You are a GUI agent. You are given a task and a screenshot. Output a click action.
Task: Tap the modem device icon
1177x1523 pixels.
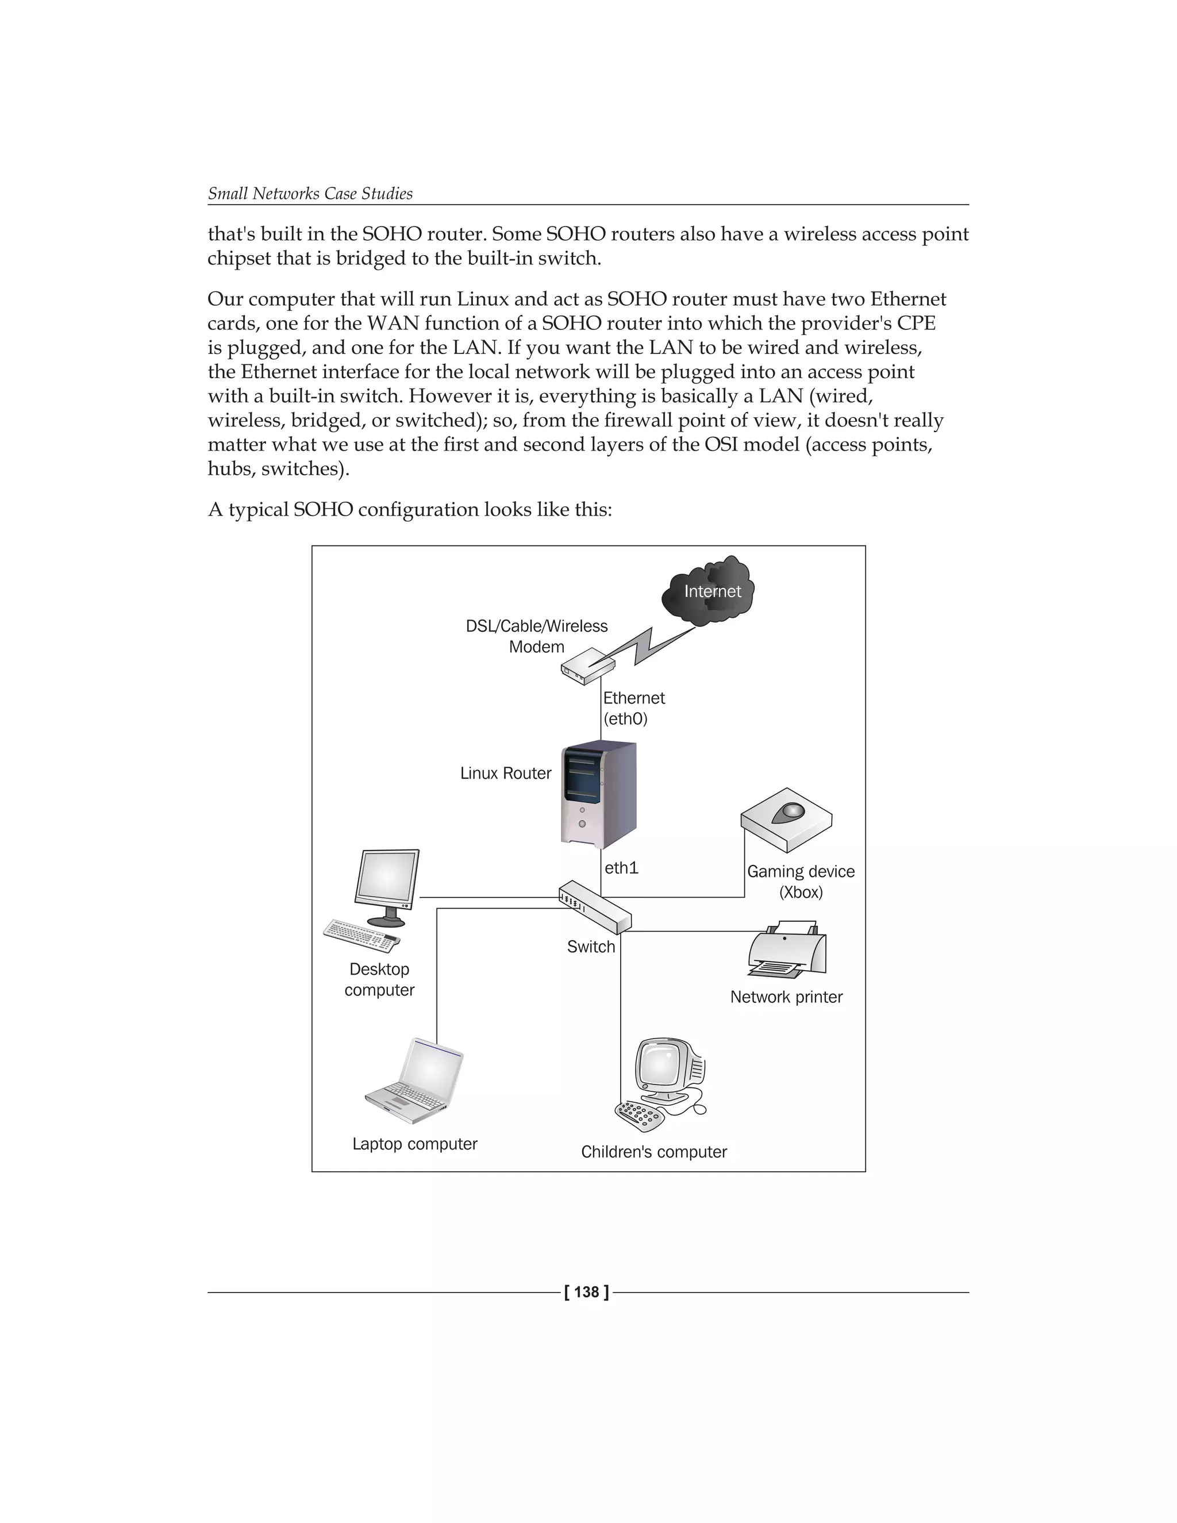(x=588, y=667)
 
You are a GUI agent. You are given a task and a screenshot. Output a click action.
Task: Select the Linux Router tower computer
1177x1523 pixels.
(x=599, y=795)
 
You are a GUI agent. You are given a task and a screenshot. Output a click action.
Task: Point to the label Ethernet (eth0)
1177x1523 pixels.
(x=633, y=708)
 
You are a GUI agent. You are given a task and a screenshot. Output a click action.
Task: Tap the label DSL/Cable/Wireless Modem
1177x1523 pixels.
(x=536, y=636)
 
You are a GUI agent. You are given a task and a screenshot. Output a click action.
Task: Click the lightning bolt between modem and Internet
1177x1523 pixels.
(x=652, y=645)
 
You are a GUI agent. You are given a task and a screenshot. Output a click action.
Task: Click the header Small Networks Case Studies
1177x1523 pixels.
(x=310, y=194)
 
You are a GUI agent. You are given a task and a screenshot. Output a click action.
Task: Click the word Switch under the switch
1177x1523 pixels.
(x=591, y=947)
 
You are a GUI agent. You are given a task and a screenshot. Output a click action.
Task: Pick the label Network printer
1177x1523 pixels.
(x=786, y=997)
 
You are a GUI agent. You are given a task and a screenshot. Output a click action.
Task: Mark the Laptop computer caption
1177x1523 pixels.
(x=414, y=1144)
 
